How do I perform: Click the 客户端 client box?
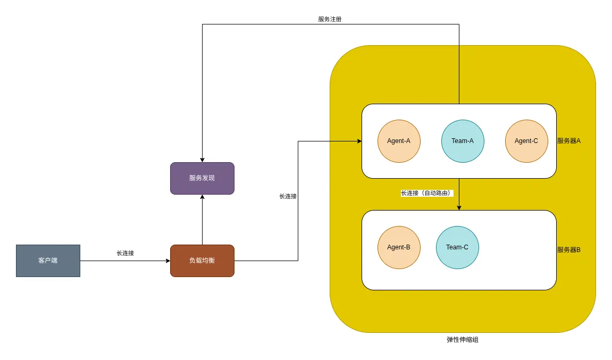[x=48, y=261]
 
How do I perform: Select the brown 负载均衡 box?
[x=202, y=261]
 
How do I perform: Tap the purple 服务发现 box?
[x=202, y=178]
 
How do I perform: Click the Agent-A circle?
[x=399, y=141]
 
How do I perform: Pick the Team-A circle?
[x=463, y=141]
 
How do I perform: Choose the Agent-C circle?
[x=526, y=141]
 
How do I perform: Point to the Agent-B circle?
[x=399, y=247]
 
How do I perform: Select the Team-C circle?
[x=457, y=247]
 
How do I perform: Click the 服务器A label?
[x=568, y=141]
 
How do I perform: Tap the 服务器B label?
[x=568, y=249]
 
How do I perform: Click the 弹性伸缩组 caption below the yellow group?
[x=462, y=339]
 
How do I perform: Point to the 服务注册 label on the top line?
[x=330, y=19]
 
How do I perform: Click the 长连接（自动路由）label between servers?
[x=426, y=193]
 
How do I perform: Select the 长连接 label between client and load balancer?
[x=125, y=253]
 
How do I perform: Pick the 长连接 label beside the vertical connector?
[x=288, y=196]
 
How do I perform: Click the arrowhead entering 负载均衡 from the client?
[x=167, y=261]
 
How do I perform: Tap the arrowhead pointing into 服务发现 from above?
[x=202, y=160]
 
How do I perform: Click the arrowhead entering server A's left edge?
[x=359, y=141]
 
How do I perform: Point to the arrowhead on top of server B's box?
[x=459, y=207]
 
